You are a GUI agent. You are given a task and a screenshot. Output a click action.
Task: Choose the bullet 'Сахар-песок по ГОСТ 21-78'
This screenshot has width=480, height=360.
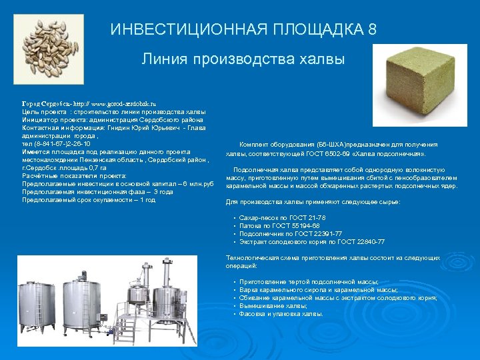[282, 218]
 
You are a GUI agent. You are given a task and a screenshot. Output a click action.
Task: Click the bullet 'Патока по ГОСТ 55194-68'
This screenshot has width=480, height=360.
[279, 226]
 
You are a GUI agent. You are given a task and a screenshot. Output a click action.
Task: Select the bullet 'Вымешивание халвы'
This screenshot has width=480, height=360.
[269, 305]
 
